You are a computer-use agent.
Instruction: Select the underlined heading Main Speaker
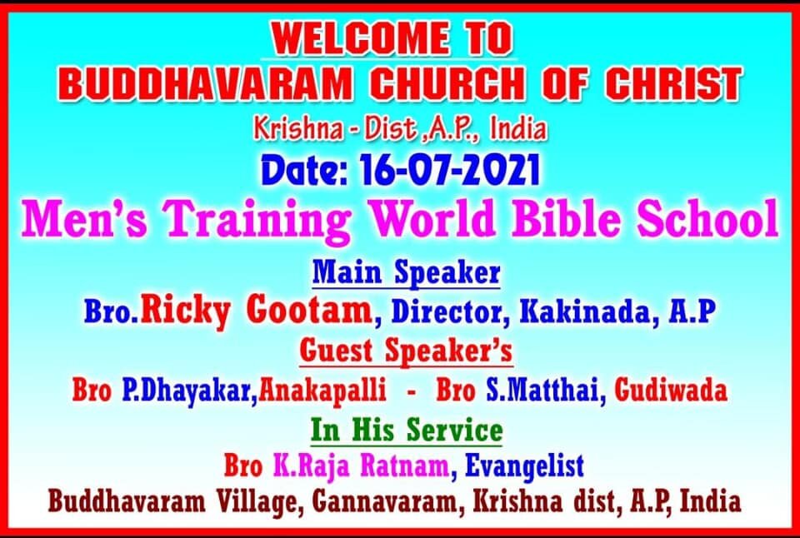[x=406, y=272]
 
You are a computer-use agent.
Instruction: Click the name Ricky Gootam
[x=257, y=311]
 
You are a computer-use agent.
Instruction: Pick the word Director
[x=450, y=311]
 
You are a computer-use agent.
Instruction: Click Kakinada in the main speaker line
[x=587, y=311]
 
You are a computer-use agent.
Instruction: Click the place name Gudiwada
[x=671, y=391]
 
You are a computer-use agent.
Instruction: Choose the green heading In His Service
[x=406, y=430]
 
